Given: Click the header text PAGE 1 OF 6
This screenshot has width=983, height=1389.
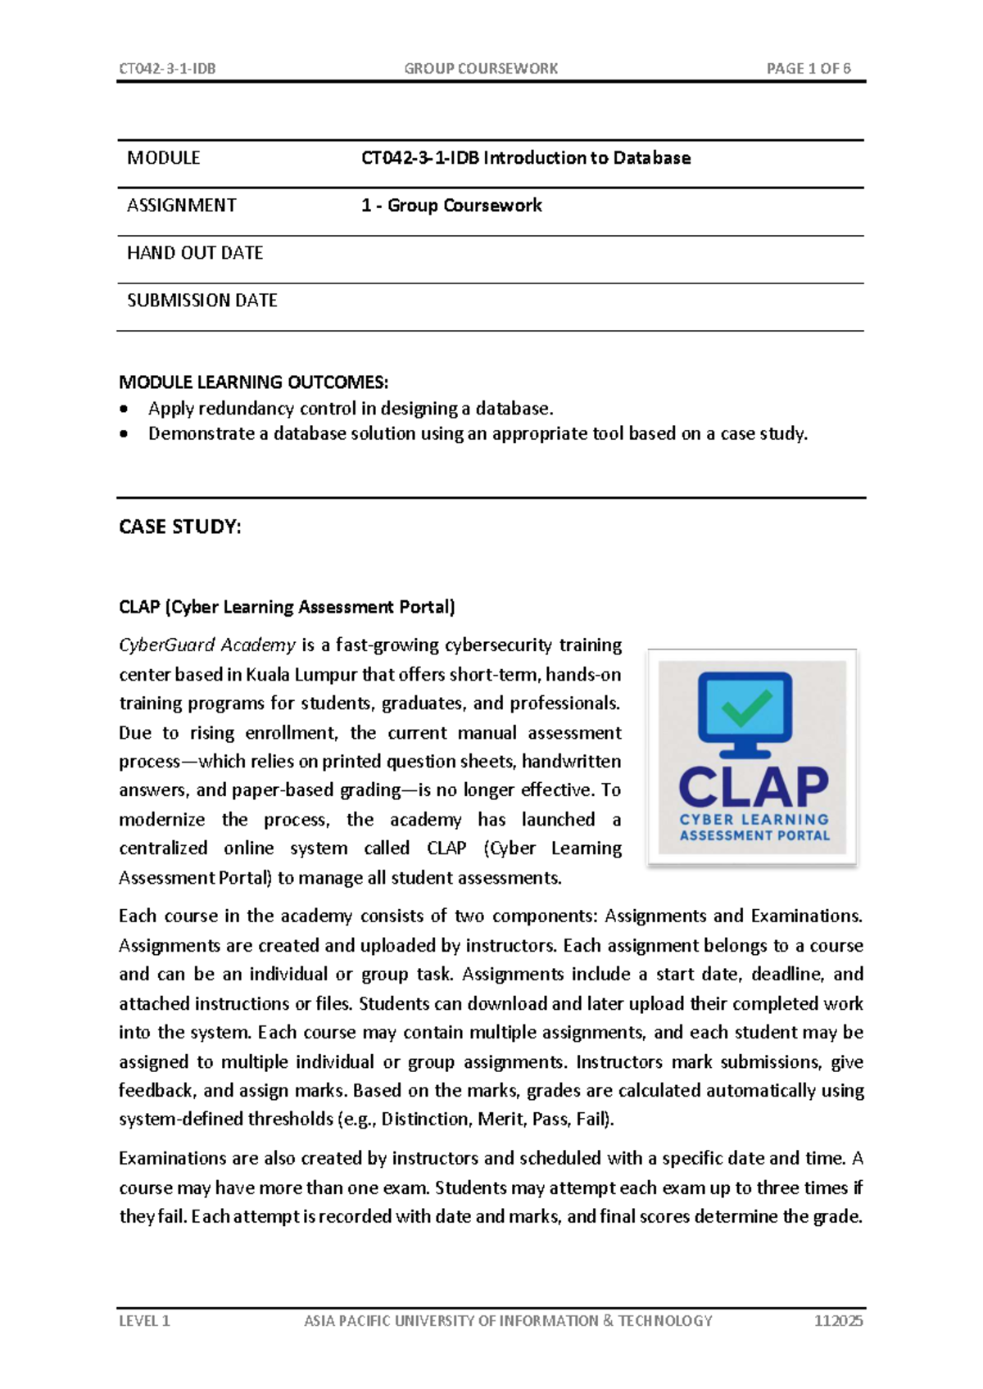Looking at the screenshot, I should (x=808, y=69).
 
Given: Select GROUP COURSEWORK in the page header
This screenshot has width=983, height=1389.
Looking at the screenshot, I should (x=481, y=69).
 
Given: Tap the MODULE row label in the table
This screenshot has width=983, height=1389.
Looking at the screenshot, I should (x=164, y=158).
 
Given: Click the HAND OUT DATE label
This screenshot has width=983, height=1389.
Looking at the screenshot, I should (x=195, y=253).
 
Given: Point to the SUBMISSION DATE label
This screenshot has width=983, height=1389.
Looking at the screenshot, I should (x=202, y=301).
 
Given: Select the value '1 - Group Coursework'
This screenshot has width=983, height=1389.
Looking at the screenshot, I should (x=451, y=206).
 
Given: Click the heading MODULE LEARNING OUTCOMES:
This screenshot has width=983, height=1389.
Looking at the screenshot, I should (x=253, y=382).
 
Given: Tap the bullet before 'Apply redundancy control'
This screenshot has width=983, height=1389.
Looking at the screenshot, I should (x=125, y=409).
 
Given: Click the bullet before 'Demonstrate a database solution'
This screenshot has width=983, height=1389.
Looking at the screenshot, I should (x=125, y=434).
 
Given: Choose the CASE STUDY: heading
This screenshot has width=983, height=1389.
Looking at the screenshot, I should (x=180, y=527).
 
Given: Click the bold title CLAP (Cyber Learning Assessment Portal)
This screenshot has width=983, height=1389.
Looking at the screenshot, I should (x=287, y=607).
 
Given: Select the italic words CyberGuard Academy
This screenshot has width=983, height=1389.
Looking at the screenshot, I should (x=207, y=645).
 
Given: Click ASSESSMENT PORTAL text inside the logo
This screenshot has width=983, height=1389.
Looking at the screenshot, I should (x=754, y=836).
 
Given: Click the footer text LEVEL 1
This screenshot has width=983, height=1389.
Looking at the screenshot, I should (x=144, y=1321).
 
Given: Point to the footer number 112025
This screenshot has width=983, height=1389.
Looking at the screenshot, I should (x=838, y=1321).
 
